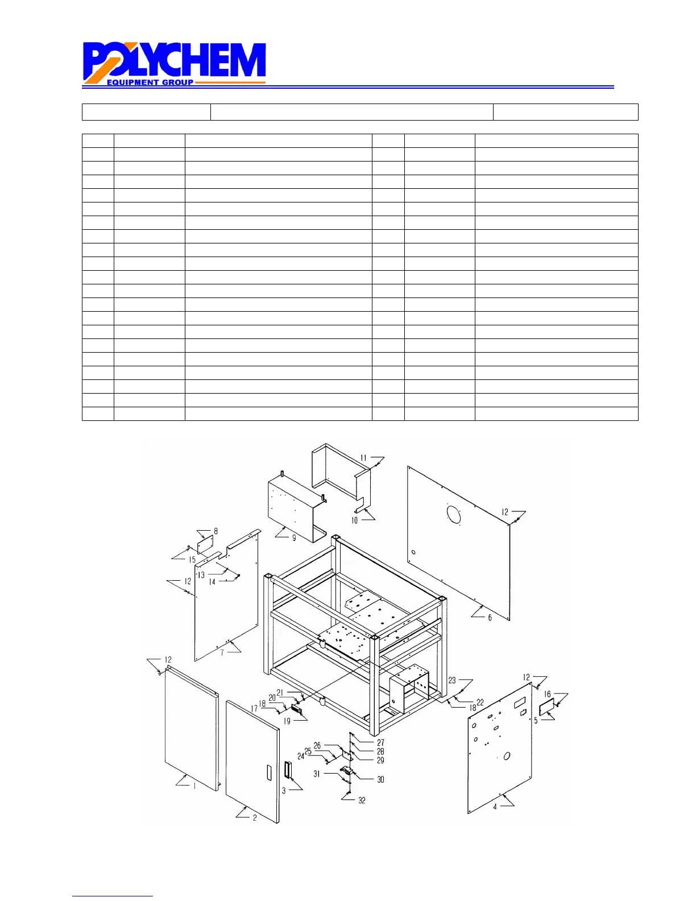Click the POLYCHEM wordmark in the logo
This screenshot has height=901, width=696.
175,60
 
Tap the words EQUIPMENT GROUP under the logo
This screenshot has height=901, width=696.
150,82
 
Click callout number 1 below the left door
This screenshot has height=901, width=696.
194,786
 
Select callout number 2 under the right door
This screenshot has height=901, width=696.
255,818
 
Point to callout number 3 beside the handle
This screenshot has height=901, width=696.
284,790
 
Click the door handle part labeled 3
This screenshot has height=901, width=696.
288,771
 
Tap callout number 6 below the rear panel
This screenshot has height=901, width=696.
490,618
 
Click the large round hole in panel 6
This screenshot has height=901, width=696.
454,514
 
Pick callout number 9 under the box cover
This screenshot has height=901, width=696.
294,538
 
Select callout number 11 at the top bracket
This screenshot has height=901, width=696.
363,458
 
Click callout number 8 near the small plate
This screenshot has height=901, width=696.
216,531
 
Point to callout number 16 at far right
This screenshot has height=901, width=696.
547,694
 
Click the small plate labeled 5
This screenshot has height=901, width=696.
546,708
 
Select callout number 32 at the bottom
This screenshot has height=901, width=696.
362,800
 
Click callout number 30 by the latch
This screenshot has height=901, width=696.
380,779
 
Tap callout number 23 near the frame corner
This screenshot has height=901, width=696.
452,680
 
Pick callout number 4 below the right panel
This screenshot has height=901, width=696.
495,807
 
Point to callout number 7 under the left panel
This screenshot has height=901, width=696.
222,652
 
